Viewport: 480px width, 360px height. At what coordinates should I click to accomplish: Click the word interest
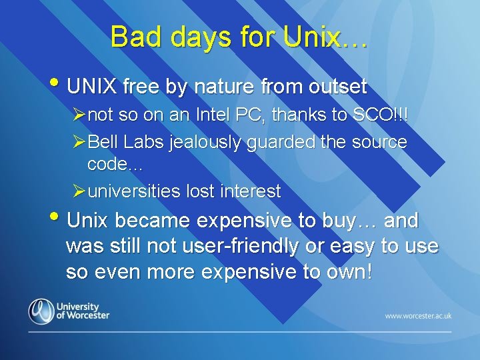[251, 192]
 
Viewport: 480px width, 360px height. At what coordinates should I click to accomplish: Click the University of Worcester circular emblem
[41, 311]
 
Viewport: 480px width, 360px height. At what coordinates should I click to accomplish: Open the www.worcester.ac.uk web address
[417, 315]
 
